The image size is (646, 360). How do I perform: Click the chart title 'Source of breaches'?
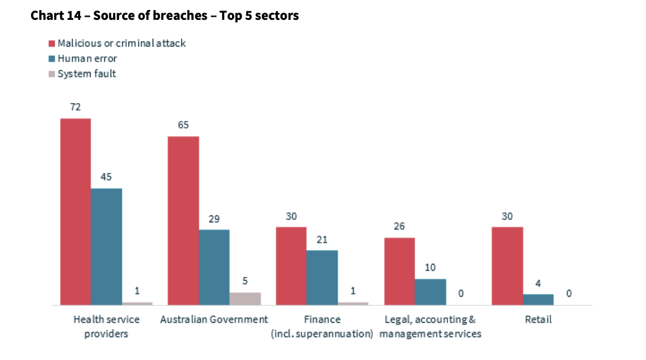[164, 16]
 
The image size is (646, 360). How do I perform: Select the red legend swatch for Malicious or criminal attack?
[52, 43]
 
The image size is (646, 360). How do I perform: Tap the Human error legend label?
[87, 59]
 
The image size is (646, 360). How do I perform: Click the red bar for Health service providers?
[75, 211]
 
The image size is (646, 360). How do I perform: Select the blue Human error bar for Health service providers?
[106, 246]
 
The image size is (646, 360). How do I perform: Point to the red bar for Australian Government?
[183, 220]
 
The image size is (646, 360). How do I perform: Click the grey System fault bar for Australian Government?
[245, 299]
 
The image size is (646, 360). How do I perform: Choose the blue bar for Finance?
[322, 277]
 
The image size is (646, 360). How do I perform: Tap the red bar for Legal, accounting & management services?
[399, 271]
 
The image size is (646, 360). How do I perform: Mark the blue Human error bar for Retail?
[538, 299]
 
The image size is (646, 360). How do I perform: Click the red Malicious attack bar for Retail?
[507, 266]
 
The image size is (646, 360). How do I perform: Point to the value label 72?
[75, 107]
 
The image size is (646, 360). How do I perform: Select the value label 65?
[183, 125]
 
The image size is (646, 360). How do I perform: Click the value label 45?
[106, 177]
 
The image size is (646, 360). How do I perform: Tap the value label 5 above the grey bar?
[245, 281]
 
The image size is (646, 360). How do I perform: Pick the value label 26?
[399, 226]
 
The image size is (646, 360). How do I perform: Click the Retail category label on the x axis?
[538, 320]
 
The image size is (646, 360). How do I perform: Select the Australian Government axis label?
[214, 320]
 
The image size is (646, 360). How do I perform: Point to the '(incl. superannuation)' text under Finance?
[322, 334]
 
